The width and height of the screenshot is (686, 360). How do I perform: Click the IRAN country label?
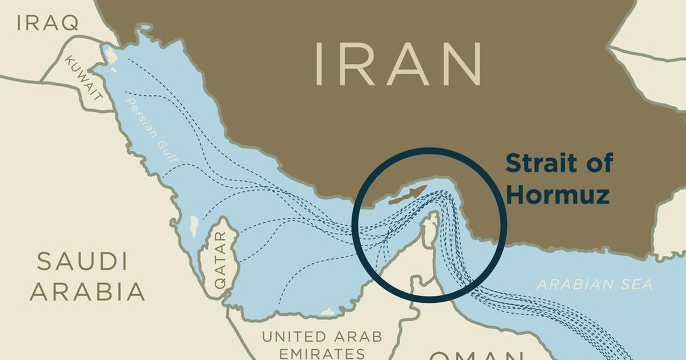[398, 64]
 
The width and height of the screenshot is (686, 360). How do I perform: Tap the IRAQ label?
[47, 23]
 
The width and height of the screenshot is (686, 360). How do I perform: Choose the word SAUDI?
[82, 262]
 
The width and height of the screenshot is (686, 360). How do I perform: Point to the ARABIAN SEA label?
[595, 284]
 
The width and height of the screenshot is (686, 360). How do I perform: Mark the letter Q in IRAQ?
[70, 23]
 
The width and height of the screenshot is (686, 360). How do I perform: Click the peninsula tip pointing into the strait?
[432, 217]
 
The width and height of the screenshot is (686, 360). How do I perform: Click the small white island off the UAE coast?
[328, 312]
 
